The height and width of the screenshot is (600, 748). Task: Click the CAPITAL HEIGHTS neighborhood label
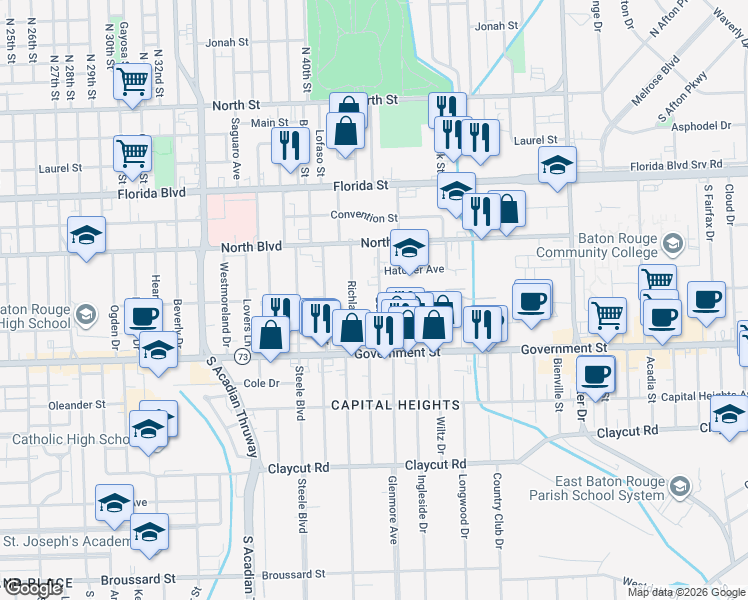coord(396,405)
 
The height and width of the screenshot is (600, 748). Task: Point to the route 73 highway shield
coord(242,356)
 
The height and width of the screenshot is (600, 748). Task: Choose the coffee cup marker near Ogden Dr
coord(144,315)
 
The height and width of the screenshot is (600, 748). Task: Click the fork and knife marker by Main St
coord(287,146)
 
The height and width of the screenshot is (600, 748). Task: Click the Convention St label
coord(364,217)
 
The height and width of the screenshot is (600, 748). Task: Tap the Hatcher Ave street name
coord(420,269)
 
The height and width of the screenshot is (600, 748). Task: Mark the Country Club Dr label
coord(496,511)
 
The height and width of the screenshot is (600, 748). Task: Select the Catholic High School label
coord(70,439)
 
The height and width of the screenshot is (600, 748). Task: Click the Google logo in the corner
coord(32,588)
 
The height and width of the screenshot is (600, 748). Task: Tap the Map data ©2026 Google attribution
coord(685,592)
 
